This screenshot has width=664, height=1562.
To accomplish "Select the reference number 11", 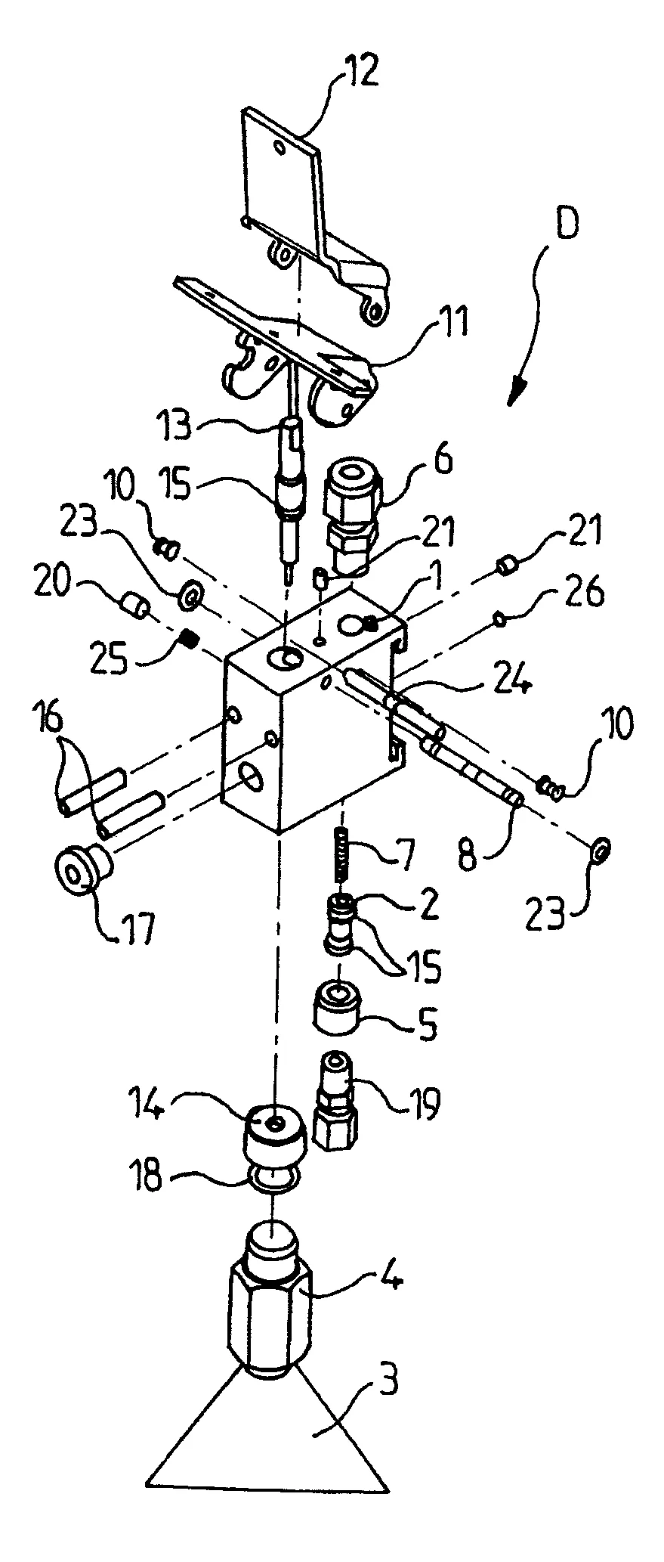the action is pos(449,321).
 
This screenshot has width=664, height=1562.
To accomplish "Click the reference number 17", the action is pos(131,925).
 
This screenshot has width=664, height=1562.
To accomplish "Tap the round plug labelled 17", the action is pos(80,869).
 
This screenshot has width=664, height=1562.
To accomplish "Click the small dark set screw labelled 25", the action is pos(192,640).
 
